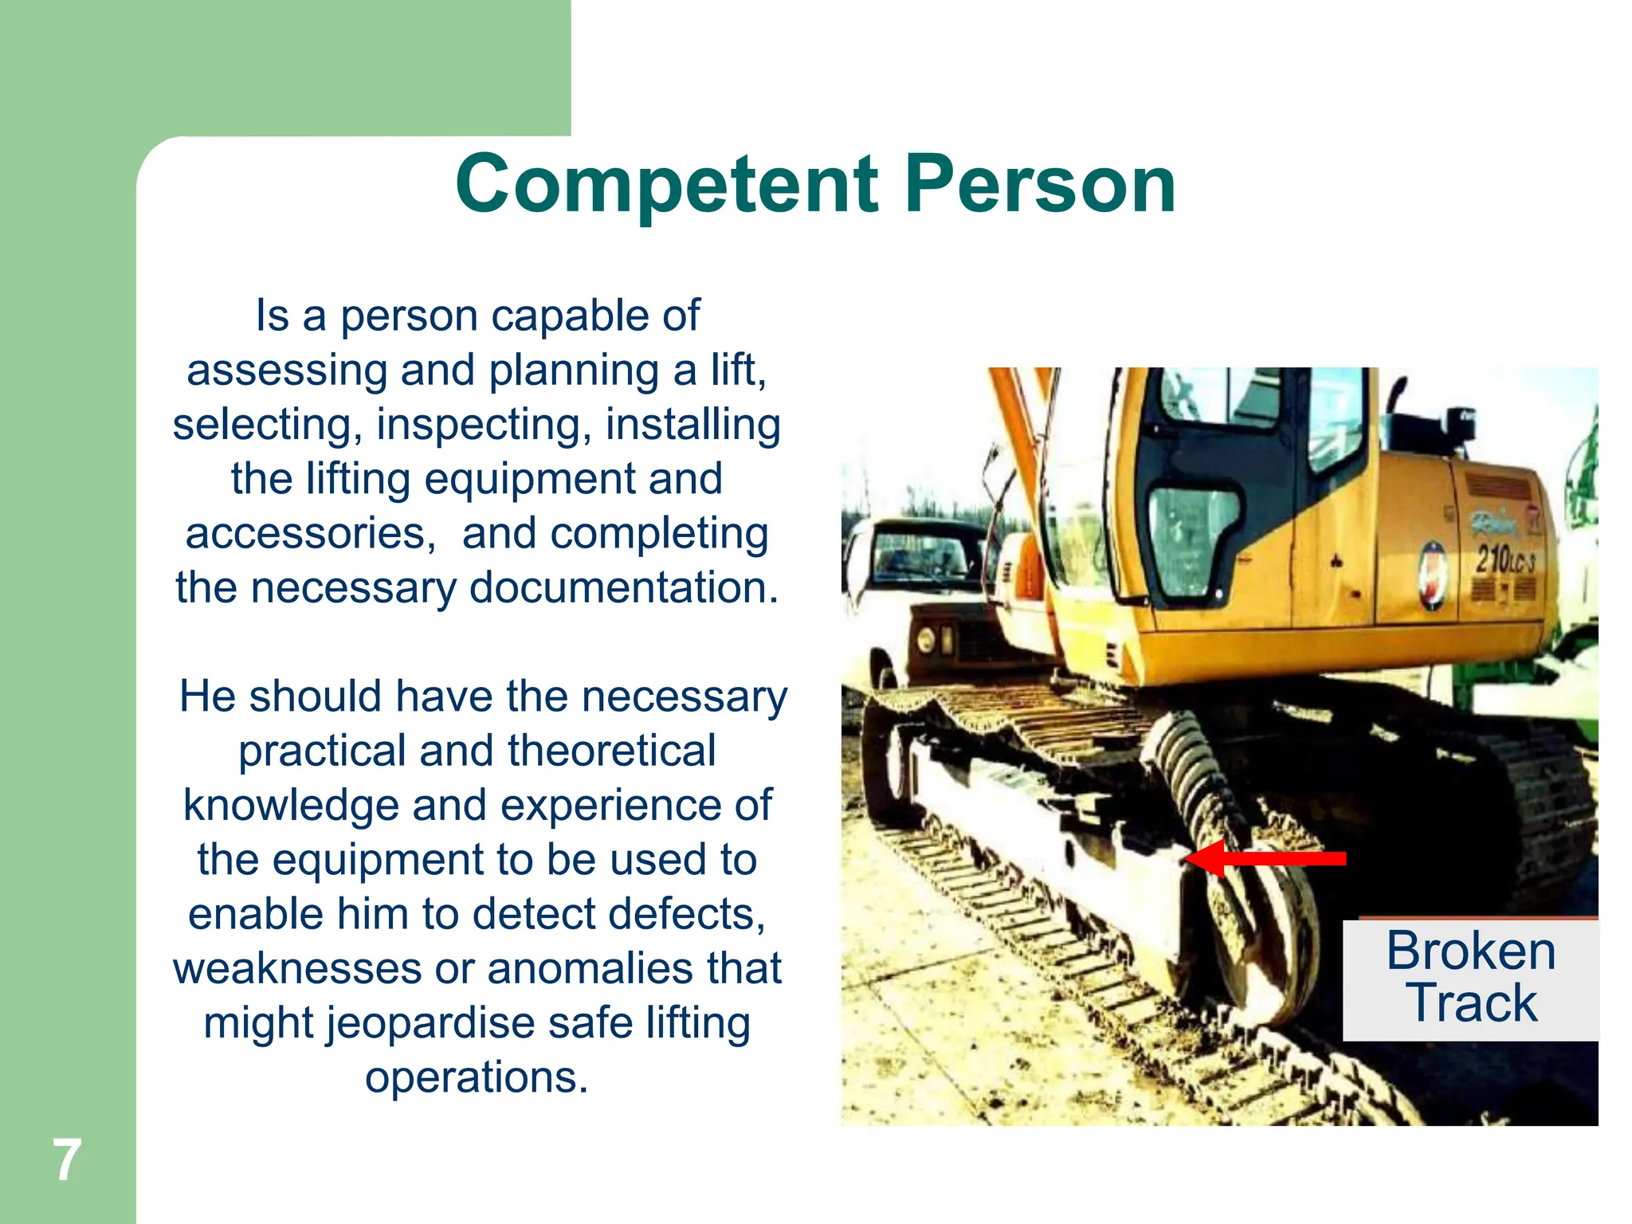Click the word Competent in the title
click(x=666, y=185)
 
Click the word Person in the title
click(x=1040, y=185)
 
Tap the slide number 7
click(x=67, y=1160)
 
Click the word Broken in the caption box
click(x=1470, y=951)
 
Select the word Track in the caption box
click(x=1470, y=1002)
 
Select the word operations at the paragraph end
click(x=477, y=1077)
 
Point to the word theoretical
click(x=611, y=751)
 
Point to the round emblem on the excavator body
click(x=1432, y=575)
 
